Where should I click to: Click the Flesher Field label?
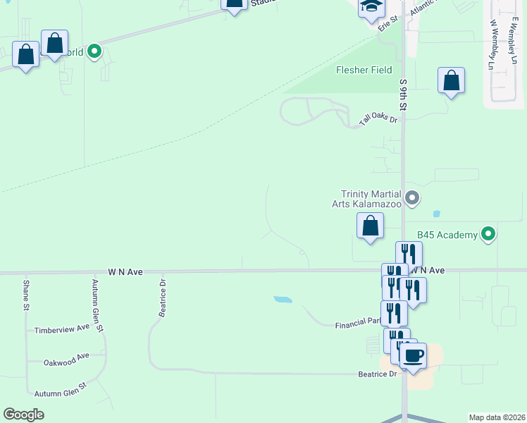[x=363, y=70]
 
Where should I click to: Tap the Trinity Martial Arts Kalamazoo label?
[x=371, y=199]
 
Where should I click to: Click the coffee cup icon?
[x=414, y=355]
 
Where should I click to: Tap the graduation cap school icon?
[x=370, y=7]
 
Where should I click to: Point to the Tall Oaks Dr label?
[x=378, y=121]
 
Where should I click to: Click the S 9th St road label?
[x=404, y=94]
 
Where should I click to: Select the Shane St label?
[x=26, y=295]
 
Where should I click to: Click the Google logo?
[x=24, y=415]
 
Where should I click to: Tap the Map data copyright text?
[x=497, y=417]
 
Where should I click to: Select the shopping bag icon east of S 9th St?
[x=451, y=80]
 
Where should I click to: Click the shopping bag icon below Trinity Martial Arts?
[x=370, y=226]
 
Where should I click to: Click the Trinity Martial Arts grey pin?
[x=412, y=198]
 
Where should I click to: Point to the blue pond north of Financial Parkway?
[x=283, y=300]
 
